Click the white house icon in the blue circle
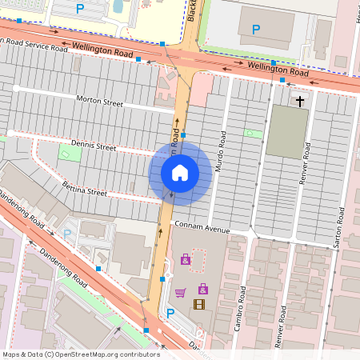click(x=179, y=172)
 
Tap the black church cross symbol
click(x=300, y=102)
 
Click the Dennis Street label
click(x=94, y=146)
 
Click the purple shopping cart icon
click(x=180, y=292)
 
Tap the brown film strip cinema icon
click(x=198, y=303)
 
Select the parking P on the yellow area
click(x=79, y=8)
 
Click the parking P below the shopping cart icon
click(x=170, y=313)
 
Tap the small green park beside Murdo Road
click(x=253, y=133)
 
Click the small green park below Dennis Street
click(x=70, y=153)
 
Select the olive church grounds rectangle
click(x=286, y=130)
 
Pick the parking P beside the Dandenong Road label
click(x=67, y=234)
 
